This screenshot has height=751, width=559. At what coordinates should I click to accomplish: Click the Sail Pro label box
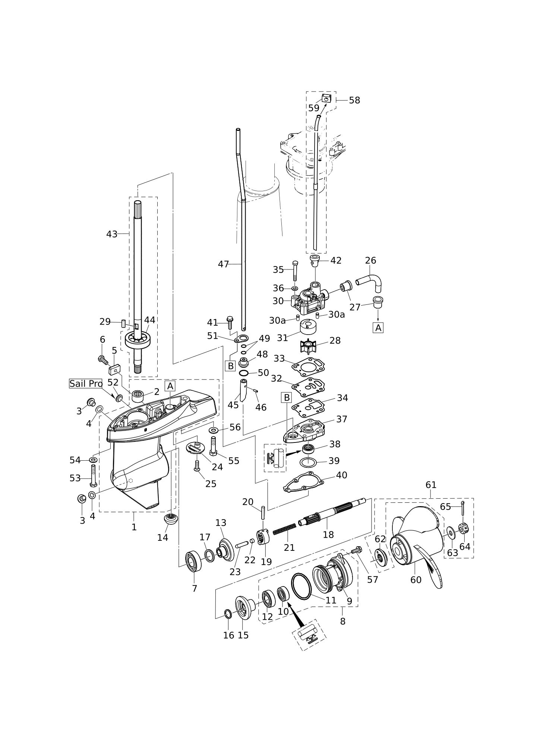click(x=86, y=384)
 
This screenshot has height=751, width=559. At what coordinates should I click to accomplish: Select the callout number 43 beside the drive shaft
click(x=112, y=234)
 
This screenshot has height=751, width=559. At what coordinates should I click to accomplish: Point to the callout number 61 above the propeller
click(x=431, y=485)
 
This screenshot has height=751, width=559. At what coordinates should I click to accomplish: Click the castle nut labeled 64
click(x=463, y=528)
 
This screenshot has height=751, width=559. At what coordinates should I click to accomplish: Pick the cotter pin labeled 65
click(x=462, y=508)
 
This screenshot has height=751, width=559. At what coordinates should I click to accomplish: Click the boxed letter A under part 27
click(x=378, y=328)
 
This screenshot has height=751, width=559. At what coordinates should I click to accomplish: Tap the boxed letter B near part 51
click(x=231, y=366)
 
